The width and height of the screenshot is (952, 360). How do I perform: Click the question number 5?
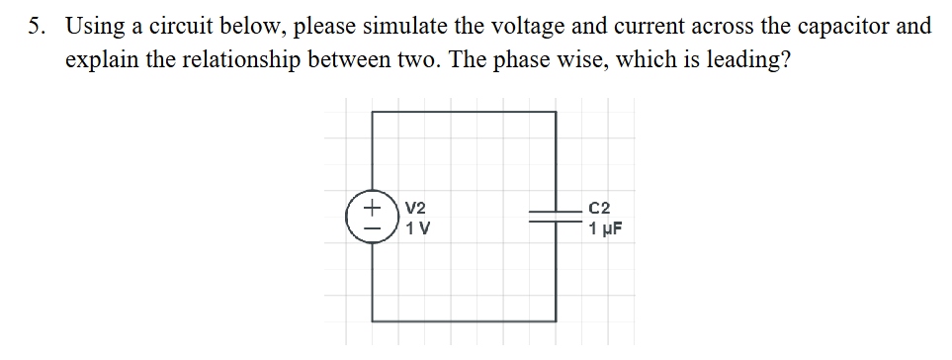[35, 26]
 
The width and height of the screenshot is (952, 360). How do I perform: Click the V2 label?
[415, 209]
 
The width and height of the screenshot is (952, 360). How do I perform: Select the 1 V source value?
[416, 229]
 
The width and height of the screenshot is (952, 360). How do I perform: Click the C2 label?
[599, 209]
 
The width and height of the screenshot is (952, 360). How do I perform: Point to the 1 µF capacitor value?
[605, 230]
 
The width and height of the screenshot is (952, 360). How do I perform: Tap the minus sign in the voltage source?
[374, 227]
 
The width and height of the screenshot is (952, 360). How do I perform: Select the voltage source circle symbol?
[373, 217]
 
